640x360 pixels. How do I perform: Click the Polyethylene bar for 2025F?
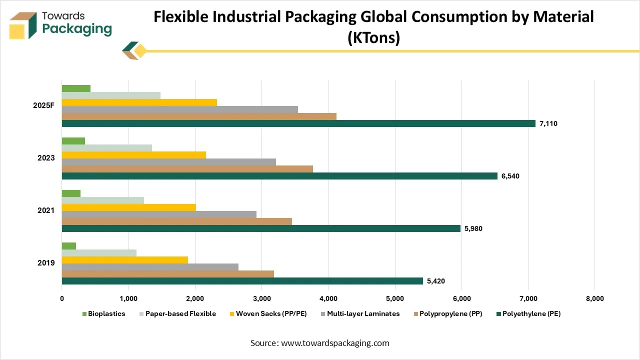298,123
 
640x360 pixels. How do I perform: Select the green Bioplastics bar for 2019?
69,246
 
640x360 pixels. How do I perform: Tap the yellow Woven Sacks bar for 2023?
133,155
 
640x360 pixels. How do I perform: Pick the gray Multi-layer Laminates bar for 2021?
159,214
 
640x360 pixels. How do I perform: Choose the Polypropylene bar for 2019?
167,274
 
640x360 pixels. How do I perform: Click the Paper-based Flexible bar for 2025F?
111,95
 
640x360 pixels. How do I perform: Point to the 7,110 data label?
548,123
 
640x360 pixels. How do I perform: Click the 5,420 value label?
435,281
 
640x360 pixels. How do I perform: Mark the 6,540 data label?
510,176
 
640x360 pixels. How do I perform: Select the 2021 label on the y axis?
46,210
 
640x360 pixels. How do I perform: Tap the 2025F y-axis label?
43,106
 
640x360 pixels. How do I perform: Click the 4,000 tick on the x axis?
328,299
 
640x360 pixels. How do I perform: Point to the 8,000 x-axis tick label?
594,299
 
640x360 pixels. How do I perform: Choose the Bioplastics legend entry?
103,314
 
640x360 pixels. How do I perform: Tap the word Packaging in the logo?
77,28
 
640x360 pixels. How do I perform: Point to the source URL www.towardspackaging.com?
334,343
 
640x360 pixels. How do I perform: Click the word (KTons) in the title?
373,38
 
